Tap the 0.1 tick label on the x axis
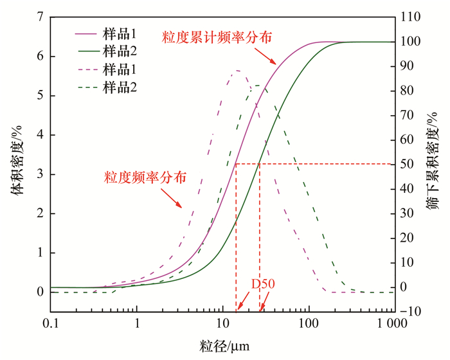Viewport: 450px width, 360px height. (51, 323)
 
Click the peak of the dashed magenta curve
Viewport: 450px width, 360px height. (237, 70)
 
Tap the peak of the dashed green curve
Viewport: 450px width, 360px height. (259, 85)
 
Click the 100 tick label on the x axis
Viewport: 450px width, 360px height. (309, 323)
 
